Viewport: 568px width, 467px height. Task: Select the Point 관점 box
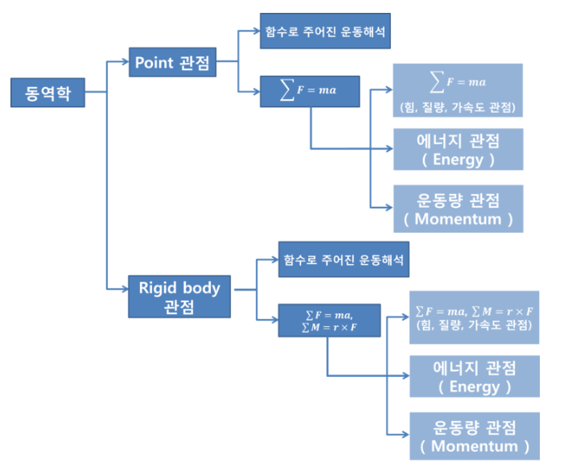(173, 63)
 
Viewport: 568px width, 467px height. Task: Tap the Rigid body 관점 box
(179, 295)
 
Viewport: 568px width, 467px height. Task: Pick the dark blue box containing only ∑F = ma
(310, 90)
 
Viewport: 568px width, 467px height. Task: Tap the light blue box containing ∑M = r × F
(474, 317)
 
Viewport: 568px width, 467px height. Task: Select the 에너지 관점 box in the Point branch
(457, 149)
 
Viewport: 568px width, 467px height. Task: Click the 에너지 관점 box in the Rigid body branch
(474, 376)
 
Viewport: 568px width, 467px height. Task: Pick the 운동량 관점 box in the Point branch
(457, 208)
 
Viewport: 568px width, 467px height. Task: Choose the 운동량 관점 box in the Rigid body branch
(474, 436)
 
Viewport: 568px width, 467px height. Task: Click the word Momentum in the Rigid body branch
(475, 445)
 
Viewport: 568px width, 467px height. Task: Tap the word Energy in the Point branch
(457, 159)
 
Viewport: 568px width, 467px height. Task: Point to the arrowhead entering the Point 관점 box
(125, 61)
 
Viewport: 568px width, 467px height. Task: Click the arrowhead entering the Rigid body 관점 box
(125, 287)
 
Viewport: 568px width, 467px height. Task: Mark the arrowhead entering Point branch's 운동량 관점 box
(389, 209)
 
